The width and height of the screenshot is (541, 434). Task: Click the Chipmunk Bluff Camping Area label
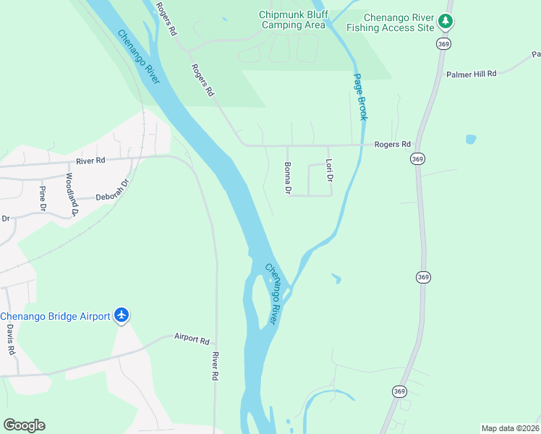[x=294, y=20]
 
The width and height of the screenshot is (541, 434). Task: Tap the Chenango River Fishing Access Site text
[x=390, y=22]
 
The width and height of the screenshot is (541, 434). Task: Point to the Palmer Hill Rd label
[x=472, y=74]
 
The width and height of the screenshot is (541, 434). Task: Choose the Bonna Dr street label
[x=287, y=178]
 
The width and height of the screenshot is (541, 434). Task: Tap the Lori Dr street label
[x=329, y=171]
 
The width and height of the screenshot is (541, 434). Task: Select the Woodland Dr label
[x=70, y=194]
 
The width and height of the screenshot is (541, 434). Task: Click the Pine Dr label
[x=43, y=198]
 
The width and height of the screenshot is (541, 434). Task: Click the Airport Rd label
[x=192, y=339]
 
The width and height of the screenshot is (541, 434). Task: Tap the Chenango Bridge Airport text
[x=55, y=316]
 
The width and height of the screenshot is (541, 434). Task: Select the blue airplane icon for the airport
[x=122, y=316]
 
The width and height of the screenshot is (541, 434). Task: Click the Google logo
[x=24, y=425]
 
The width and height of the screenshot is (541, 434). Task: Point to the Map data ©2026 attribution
[x=511, y=428]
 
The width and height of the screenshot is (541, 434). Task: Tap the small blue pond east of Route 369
[x=472, y=138]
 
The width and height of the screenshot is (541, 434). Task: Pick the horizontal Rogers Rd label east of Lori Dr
[x=392, y=145]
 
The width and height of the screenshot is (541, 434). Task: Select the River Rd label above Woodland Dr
[x=90, y=161]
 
